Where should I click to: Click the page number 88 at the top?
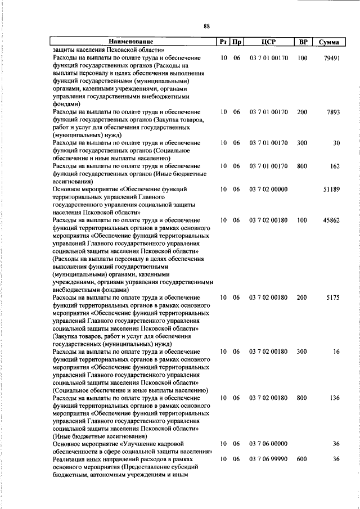[x=206, y=26]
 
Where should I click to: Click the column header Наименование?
[x=131, y=42]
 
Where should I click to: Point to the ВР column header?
[x=303, y=42]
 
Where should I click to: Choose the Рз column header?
[x=223, y=42]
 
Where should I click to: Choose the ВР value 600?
[x=303, y=460]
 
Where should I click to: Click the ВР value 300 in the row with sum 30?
[x=303, y=143]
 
